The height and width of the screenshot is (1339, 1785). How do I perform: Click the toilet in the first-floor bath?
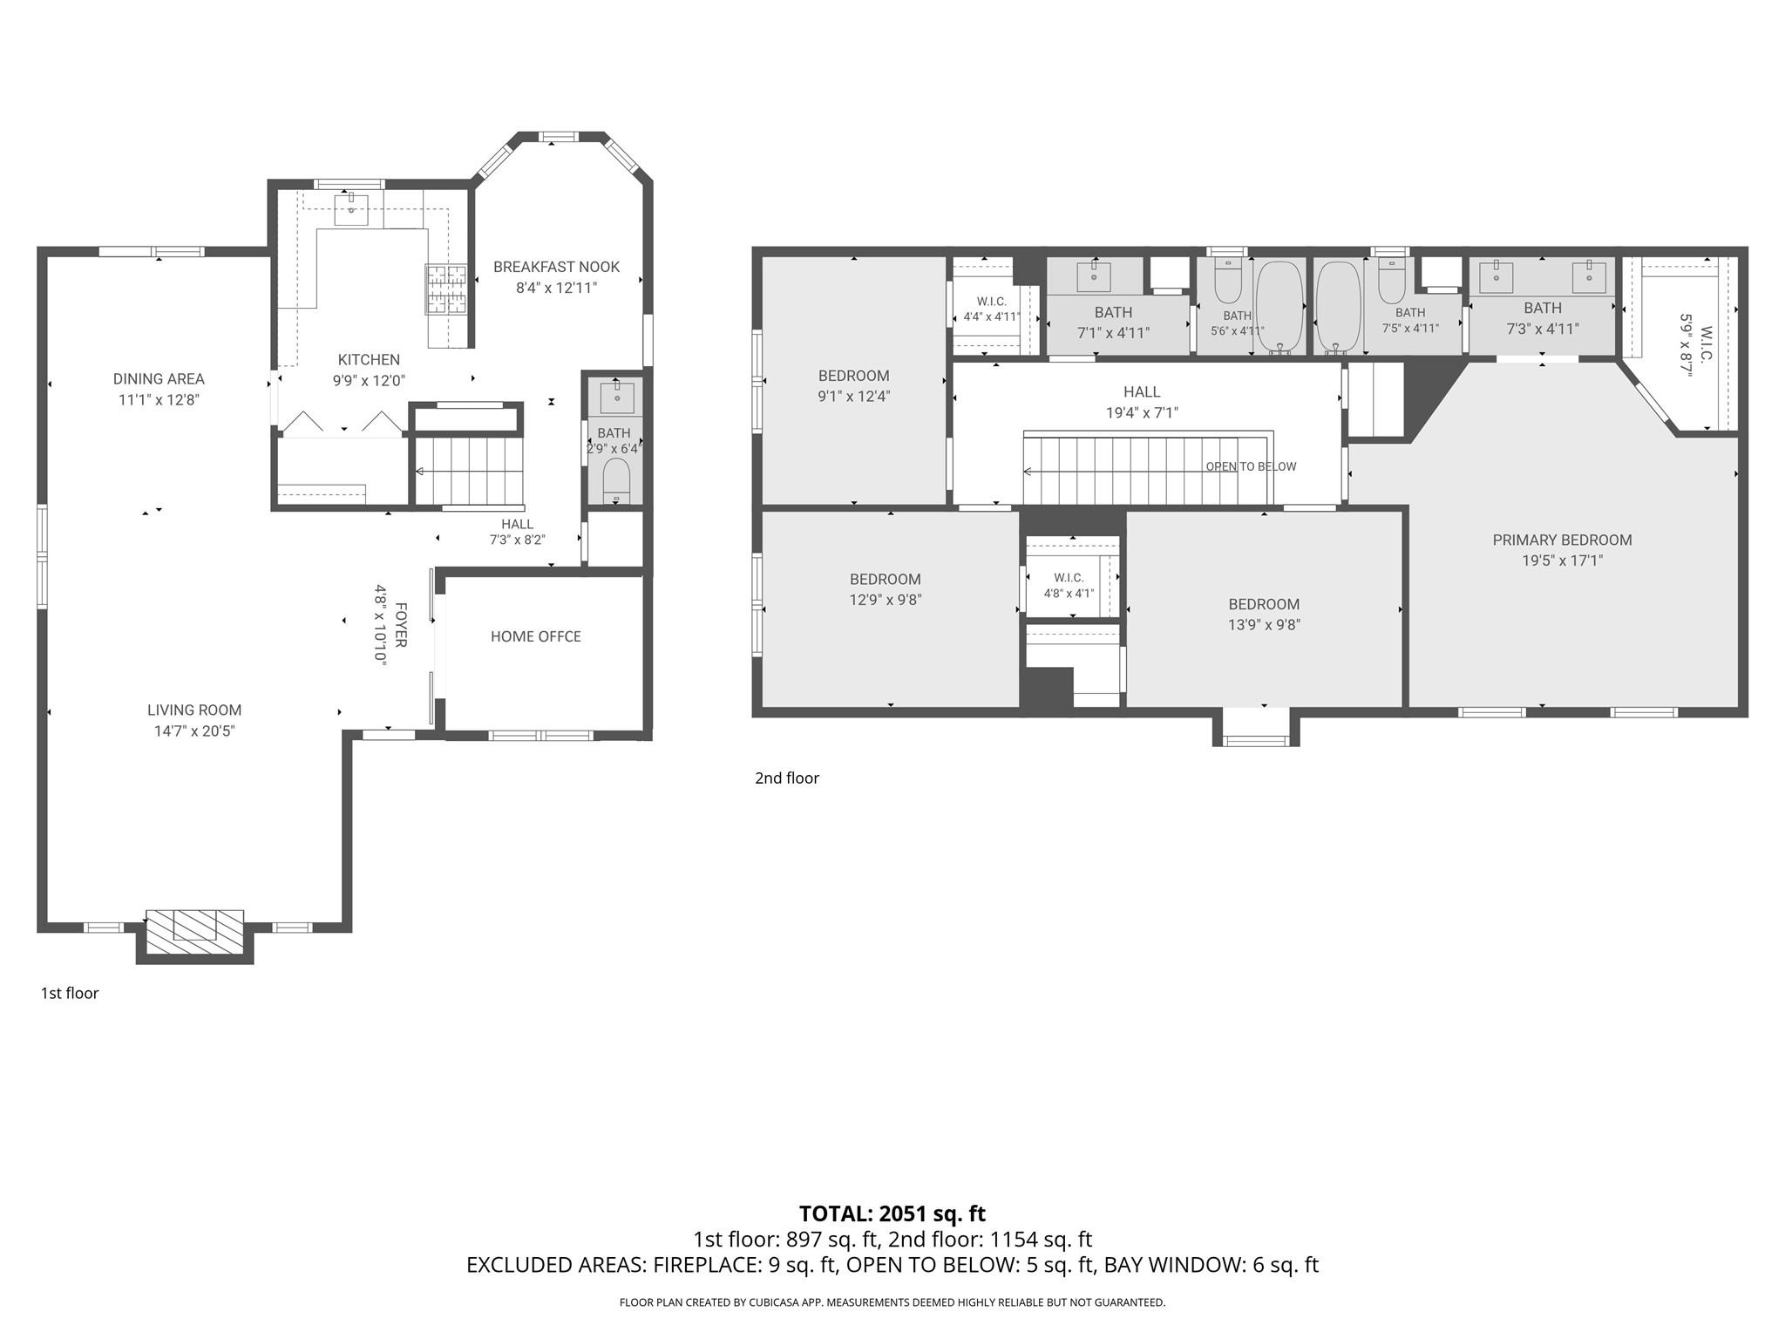coord(616,481)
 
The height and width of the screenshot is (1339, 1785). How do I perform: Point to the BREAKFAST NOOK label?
coord(557,267)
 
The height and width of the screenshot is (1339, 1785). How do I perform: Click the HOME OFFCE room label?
coord(536,636)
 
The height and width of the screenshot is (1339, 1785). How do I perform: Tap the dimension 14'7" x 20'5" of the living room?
coord(194,731)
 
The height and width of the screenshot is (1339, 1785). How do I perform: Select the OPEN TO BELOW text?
coord(1251,466)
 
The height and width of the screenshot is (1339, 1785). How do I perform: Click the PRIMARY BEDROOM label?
coord(1562,540)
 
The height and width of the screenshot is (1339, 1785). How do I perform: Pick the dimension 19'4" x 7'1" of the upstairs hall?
coord(1142,412)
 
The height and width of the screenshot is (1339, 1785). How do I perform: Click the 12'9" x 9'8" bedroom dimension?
coord(886,600)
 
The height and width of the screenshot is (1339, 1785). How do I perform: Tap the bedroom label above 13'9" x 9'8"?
coord(1264,604)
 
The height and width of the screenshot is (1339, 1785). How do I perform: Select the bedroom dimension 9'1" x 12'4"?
coord(853,396)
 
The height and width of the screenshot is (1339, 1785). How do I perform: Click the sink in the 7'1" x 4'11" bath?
coord(1094,276)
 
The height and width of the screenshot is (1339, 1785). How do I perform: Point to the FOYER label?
coord(401,624)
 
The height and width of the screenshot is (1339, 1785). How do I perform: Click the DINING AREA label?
coord(159,379)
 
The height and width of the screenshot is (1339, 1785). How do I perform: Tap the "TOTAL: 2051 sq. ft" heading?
coord(892,1213)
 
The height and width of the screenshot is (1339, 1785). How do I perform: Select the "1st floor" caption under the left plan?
coord(70,993)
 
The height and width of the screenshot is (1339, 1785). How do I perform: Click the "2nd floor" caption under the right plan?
coord(787,778)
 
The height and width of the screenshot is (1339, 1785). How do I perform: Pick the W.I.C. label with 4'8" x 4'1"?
coord(1069,578)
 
